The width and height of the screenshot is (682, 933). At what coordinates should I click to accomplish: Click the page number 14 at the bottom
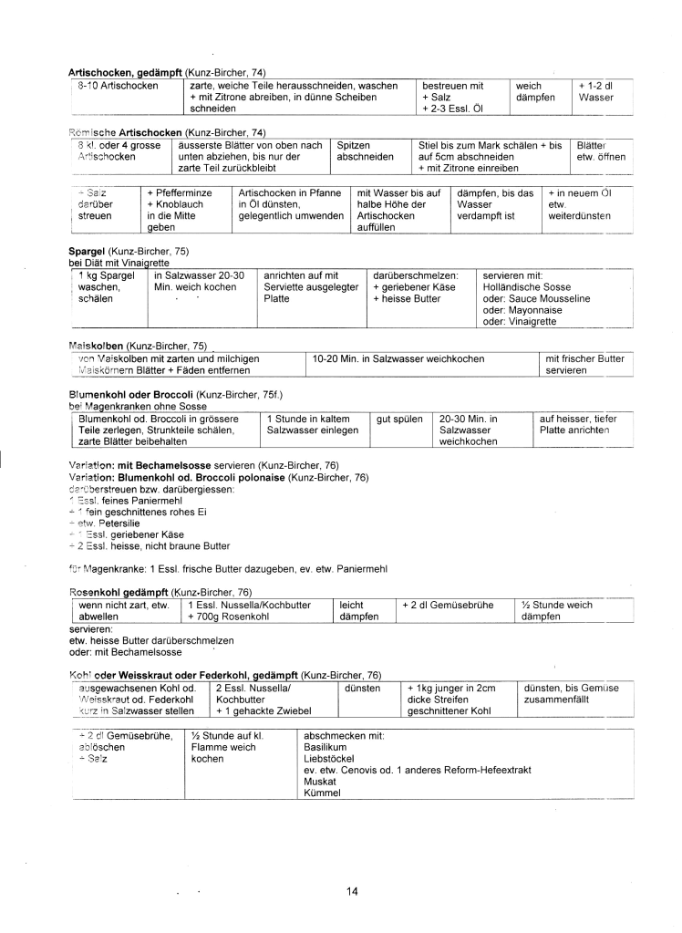pyautogui.click(x=353, y=891)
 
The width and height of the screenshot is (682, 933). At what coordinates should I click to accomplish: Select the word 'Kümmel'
pyautogui.click(x=322, y=793)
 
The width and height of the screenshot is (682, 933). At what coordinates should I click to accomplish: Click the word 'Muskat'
pyautogui.click(x=320, y=781)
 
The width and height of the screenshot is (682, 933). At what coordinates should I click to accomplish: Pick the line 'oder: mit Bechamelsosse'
pyautogui.click(x=125, y=652)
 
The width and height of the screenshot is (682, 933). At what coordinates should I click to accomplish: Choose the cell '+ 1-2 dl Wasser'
pyautogui.click(x=596, y=91)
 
